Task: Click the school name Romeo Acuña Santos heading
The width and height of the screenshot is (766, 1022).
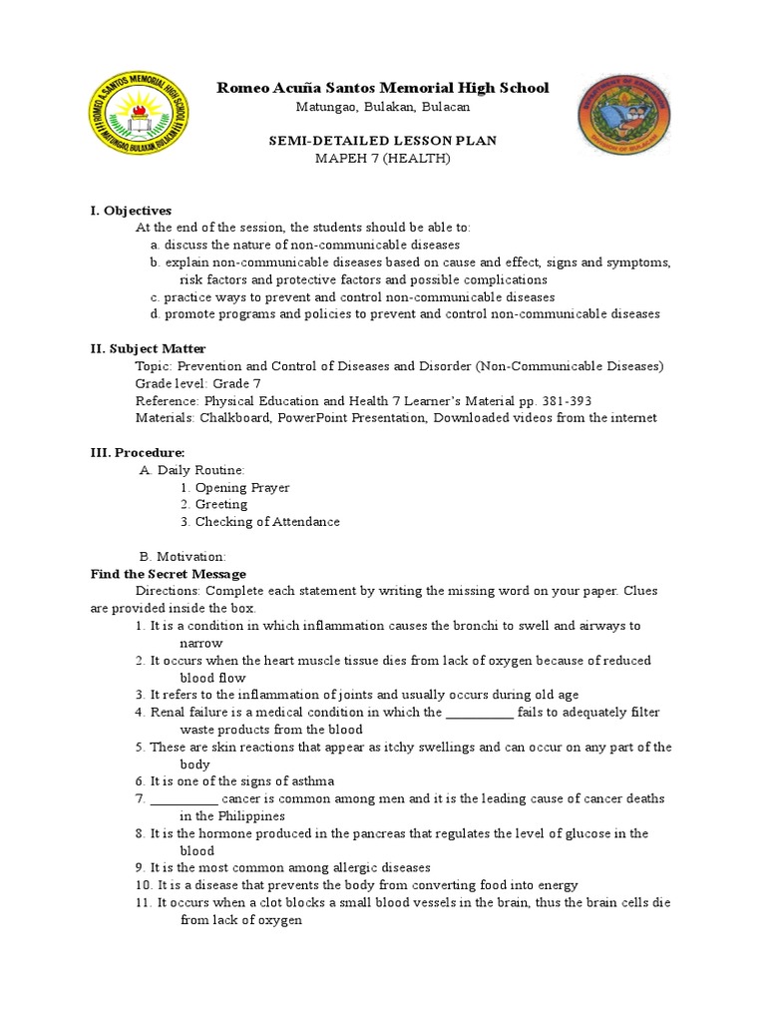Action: click(383, 89)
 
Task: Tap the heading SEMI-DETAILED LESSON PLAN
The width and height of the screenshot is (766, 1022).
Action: click(383, 141)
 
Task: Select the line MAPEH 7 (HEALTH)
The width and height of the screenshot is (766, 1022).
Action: click(383, 159)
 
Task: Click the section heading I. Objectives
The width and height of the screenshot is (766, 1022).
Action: click(131, 211)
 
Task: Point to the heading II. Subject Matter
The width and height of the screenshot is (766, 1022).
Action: click(149, 348)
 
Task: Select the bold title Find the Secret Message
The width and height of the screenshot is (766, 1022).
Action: click(168, 574)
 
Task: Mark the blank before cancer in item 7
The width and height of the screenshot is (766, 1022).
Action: click(184, 799)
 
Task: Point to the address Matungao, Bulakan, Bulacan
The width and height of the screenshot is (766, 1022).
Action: click(383, 107)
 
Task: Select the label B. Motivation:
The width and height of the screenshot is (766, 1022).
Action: click(183, 556)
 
